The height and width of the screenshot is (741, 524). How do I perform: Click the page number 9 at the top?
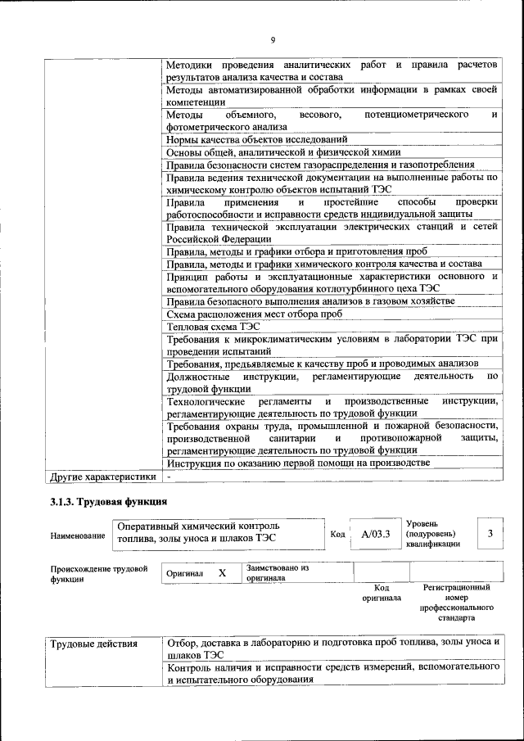tap(273, 40)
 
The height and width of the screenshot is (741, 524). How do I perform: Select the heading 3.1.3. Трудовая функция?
tap(109, 500)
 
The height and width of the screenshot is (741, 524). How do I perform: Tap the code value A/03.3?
tap(376, 534)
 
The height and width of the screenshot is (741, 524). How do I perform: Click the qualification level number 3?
tap(490, 534)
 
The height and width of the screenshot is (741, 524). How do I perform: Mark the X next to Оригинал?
tap(222, 573)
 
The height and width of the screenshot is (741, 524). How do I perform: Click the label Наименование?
tap(78, 535)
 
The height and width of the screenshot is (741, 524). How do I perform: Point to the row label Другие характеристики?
tap(102, 475)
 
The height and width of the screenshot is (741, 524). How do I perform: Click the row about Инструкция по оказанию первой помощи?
tap(297, 463)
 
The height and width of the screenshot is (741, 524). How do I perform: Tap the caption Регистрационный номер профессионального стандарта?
tap(456, 603)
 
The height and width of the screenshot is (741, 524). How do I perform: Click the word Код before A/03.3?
tap(337, 535)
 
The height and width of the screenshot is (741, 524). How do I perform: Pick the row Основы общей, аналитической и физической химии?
tap(282, 152)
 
